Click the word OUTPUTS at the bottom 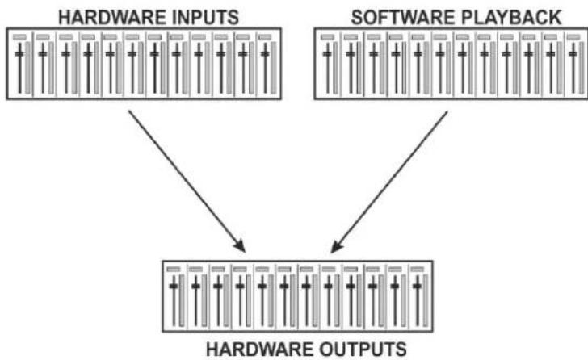(363, 350)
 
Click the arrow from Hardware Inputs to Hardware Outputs (187, 181)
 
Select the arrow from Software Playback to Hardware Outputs (389, 182)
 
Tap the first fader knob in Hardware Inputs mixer (19, 54)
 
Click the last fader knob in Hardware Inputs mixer (265, 54)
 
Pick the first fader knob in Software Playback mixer (327, 54)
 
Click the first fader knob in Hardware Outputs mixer (174, 287)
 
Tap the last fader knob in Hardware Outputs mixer (417, 287)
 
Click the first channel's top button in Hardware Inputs (19, 37)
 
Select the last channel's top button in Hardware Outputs (417, 270)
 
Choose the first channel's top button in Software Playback (327, 37)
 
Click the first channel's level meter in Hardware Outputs (182, 300)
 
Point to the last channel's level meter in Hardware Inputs (273, 68)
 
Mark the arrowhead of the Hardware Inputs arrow (240, 245)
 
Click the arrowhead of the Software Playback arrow (337, 246)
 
